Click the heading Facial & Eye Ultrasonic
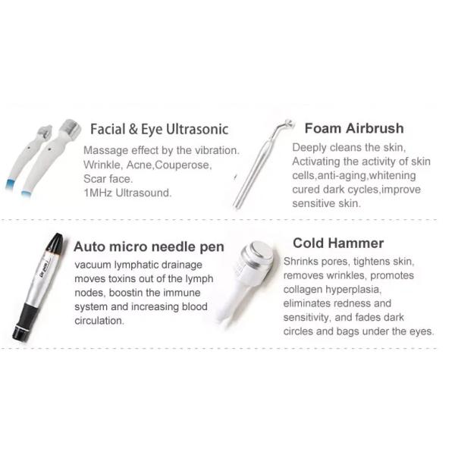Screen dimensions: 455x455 tap(158, 129)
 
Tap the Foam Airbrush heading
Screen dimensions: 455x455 tap(353, 127)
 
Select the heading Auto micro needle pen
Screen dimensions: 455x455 tap(149, 246)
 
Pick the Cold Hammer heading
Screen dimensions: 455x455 tap(337, 243)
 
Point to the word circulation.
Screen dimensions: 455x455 tap(99, 320)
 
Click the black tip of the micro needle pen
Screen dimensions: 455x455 tap(54, 243)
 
